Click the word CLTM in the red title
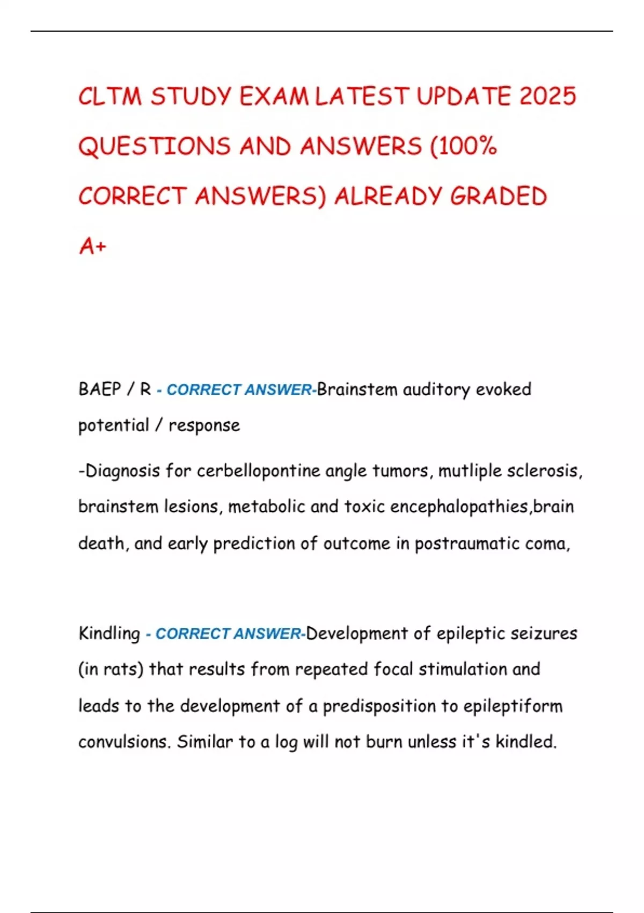[110, 97]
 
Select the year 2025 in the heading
[547, 97]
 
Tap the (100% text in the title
[464, 147]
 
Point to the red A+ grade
[93, 247]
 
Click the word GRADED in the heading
[499, 197]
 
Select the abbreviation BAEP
[99, 389]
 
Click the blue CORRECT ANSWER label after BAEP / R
[236, 390]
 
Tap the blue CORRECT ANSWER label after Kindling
[225, 634]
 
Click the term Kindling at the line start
[109, 633]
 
